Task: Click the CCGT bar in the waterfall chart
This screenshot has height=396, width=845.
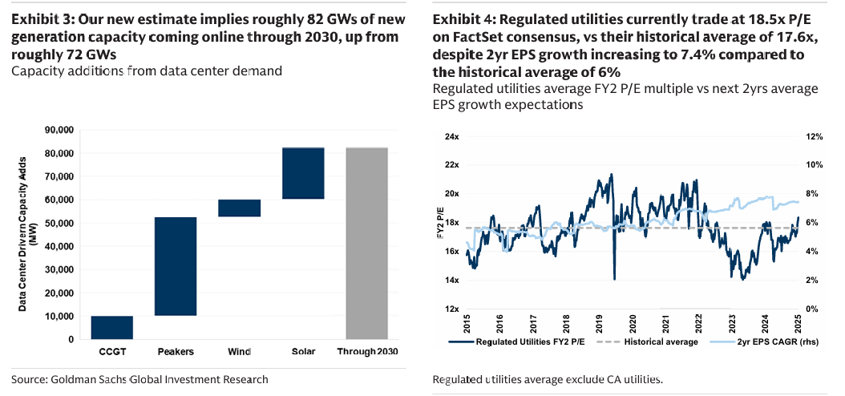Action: click(x=111, y=327)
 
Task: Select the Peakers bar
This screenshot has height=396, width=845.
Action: click(x=176, y=266)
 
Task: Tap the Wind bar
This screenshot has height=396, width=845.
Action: click(x=240, y=208)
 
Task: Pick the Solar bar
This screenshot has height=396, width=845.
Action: click(x=303, y=172)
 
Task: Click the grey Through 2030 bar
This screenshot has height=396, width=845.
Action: click(x=366, y=243)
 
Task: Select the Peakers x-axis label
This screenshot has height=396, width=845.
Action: click(x=176, y=352)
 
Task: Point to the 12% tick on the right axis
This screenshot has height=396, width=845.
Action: click(x=814, y=137)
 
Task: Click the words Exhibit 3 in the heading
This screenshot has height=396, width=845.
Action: click(x=41, y=18)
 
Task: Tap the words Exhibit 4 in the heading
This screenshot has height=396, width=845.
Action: click(x=462, y=18)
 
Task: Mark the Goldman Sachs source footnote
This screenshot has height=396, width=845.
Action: click(x=139, y=379)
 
